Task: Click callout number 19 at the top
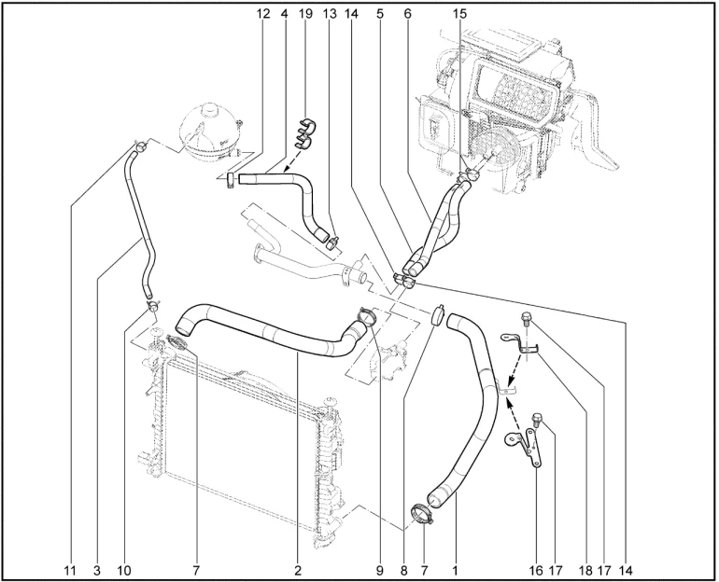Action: click(305, 14)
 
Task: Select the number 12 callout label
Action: click(262, 14)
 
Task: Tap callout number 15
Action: click(459, 14)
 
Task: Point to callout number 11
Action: click(70, 571)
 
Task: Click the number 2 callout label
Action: click(298, 571)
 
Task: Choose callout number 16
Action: click(536, 571)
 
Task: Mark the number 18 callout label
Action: click(585, 571)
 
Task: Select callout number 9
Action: click(380, 571)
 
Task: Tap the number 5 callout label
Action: click(380, 14)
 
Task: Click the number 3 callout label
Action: click(96, 571)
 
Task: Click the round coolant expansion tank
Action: click(209, 132)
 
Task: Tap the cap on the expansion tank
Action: click(210, 109)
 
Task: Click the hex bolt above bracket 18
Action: click(526, 318)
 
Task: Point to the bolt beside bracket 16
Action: click(537, 420)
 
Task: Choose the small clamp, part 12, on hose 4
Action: click(231, 180)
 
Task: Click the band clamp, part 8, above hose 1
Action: click(438, 314)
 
